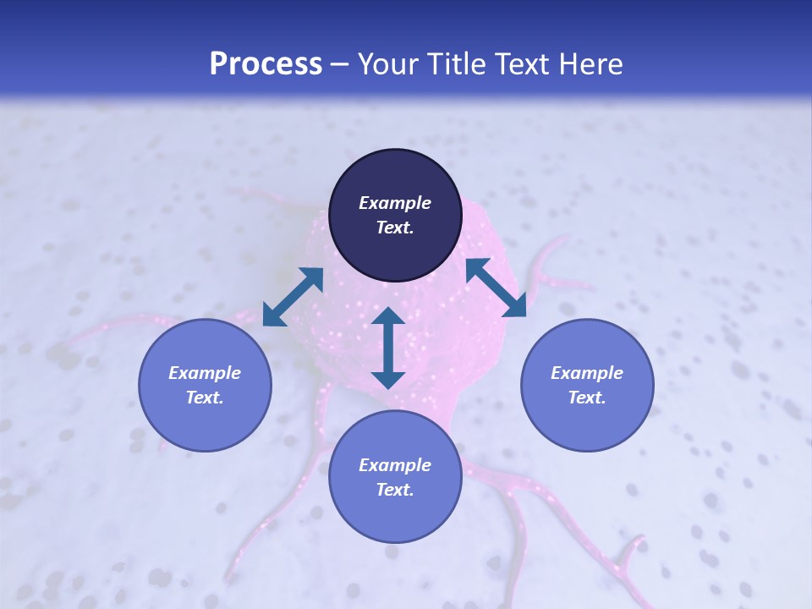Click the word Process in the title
point(266,64)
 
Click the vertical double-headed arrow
point(388,348)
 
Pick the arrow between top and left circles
point(293,297)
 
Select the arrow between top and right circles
point(496,288)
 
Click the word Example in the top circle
point(395,203)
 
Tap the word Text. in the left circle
point(205,398)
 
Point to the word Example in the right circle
point(587,373)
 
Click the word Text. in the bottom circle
point(395,490)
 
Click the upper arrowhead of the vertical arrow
point(388,316)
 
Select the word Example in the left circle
point(205,373)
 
